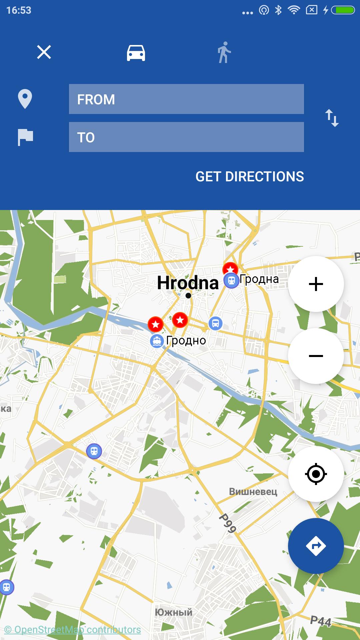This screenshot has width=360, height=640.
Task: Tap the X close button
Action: point(44,52)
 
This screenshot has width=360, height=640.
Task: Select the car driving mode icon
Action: point(136,53)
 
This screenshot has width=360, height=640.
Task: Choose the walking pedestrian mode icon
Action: point(224,52)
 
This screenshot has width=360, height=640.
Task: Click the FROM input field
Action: point(186,99)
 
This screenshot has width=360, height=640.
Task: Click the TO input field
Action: point(186,137)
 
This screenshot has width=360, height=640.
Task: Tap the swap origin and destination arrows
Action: point(332,118)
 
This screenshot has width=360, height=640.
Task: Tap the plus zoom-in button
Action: point(316,284)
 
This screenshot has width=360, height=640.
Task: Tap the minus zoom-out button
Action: point(316,356)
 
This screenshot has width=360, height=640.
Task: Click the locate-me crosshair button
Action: point(316,474)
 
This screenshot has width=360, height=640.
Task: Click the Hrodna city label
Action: point(188,283)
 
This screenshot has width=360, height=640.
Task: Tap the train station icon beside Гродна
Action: point(231,280)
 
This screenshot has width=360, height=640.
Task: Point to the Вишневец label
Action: point(253,492)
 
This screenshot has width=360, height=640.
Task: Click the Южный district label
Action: point(174,612)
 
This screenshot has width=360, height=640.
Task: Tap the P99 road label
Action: point(228,523)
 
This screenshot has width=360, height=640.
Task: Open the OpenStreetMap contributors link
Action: point(73,630)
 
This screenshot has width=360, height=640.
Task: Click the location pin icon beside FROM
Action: point(25,99)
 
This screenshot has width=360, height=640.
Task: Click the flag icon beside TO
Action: point(25,137)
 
